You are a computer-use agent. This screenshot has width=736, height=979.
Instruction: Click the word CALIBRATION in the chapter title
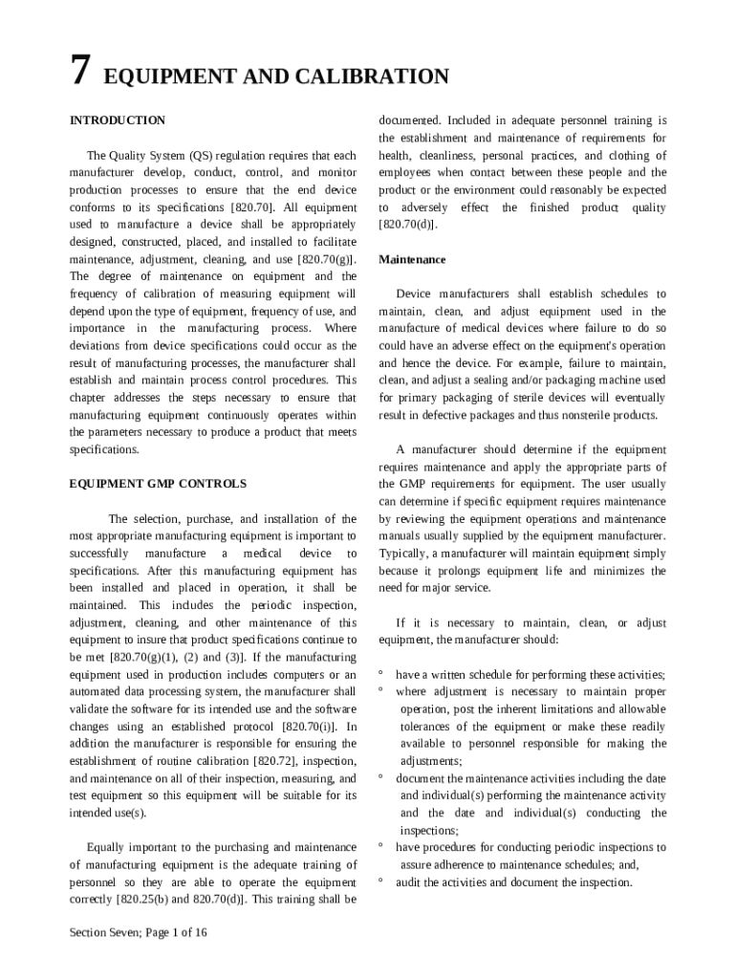[x=379, y=76]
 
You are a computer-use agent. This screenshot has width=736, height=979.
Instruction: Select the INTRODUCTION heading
[x=118, y=120]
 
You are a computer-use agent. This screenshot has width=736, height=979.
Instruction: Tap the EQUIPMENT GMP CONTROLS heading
[x=158, y=484]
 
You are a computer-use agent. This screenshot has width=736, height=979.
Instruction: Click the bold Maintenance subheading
[x=412, y=259]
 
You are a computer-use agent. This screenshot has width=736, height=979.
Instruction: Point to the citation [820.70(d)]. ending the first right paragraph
[x=408, y=225]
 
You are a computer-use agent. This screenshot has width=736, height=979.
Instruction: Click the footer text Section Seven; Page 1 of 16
[x=139, y=933]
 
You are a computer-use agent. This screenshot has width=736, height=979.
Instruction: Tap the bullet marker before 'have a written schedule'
[x=381, y=673]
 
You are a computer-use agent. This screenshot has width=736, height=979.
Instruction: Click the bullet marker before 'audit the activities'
[x=381, y=881]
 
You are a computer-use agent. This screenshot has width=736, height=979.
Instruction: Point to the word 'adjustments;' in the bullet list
[x=431, y=761]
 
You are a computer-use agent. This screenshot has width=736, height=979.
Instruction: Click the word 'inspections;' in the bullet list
[x=429, y=830]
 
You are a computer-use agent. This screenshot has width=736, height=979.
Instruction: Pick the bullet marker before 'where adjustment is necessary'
[x=381, y=690]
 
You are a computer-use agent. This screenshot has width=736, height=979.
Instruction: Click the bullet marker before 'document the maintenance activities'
[x=381, y=777]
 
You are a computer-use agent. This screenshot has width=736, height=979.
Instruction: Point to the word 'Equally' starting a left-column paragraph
[x=105, y=847]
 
